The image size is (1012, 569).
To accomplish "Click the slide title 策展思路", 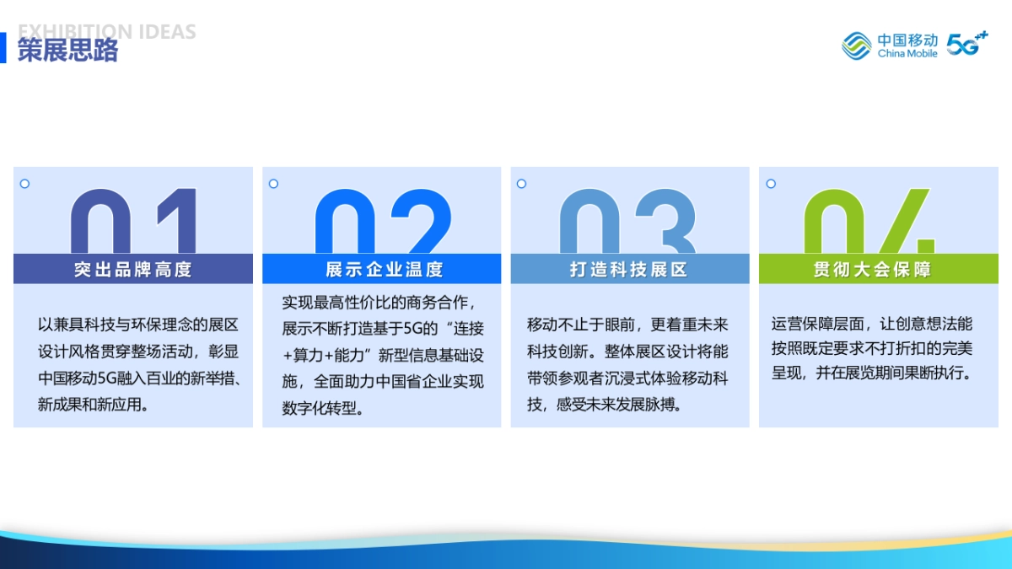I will (68, 51).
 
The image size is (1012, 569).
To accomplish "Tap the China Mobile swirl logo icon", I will (857, 46).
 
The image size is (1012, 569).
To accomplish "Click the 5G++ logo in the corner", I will (966, 44).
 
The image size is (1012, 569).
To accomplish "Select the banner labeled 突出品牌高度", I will (133, 269).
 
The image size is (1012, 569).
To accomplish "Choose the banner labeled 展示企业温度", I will (381, 269).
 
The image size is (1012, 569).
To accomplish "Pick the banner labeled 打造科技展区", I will (629, 269).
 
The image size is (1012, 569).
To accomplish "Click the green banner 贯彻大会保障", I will (878, 269).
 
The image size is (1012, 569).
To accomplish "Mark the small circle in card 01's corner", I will (24, 184).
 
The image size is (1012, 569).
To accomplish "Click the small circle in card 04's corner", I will (770, 184).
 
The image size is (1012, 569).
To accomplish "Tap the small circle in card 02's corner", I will (273, 184).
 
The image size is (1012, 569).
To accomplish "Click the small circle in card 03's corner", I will (521, 184).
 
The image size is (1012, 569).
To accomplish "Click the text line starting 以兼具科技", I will (138, 325).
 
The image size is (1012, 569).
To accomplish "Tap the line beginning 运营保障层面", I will (872, 324).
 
